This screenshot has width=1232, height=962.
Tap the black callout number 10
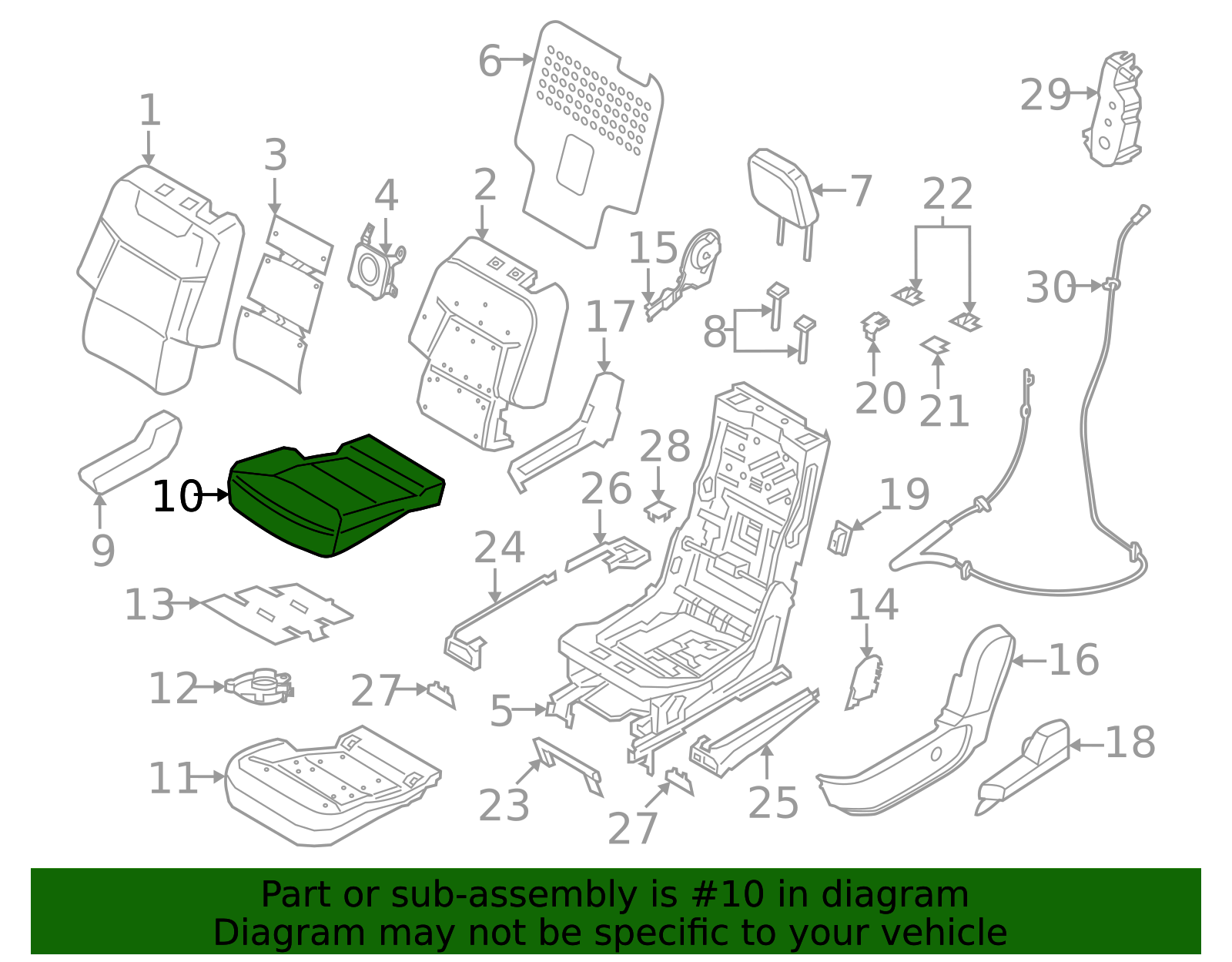176,497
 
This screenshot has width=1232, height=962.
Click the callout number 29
1045,96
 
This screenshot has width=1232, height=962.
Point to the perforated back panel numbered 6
589,131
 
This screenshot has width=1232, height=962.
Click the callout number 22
947,194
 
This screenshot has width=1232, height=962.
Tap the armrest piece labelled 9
131,453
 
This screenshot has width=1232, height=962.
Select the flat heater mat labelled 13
277,612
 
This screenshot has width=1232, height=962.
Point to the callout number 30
1050,287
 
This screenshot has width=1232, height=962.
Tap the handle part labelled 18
1024,763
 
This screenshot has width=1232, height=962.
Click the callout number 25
772,803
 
